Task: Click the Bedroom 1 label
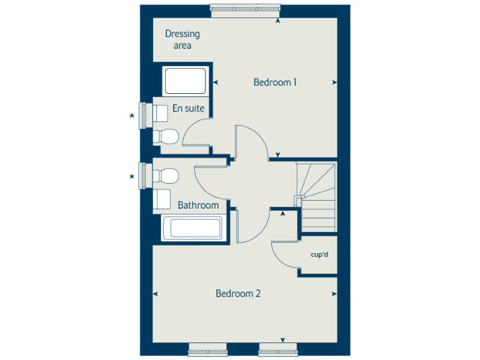[x=274, y=82]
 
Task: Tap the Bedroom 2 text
[x=237, y=293]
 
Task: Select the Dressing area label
[x=182, y=39]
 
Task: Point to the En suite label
[x=188, y=108]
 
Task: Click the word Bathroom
[x=198, y=205]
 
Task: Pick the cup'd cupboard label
[x=319, y=255]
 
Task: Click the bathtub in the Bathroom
[x=192, y=228]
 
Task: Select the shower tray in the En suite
[x=184, y=81]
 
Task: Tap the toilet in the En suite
[x=166, y=135]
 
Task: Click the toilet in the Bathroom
[x=167, y=176]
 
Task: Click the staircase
[x=317, y=196]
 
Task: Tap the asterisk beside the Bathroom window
[x=131, y=177]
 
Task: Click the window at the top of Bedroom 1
[x=246, y=8]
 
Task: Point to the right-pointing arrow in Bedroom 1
[x=335, y=82]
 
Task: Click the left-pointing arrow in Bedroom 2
[x=155, y=293]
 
